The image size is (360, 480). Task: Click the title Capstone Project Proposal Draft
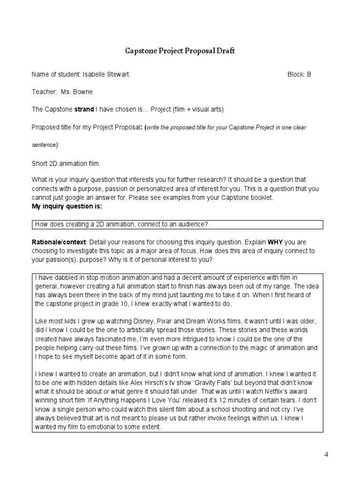180,51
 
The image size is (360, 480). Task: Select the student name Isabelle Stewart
105,75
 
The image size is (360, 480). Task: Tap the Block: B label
299,75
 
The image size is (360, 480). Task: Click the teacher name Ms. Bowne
77,92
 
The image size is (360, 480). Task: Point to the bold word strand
84,110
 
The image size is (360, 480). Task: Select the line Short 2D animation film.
66,164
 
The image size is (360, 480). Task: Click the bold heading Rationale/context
59,242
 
